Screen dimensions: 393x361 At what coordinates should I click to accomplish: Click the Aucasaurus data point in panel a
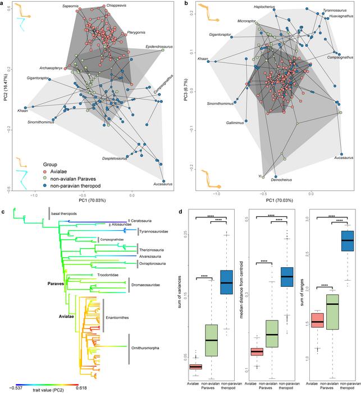(x=163, y=164)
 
